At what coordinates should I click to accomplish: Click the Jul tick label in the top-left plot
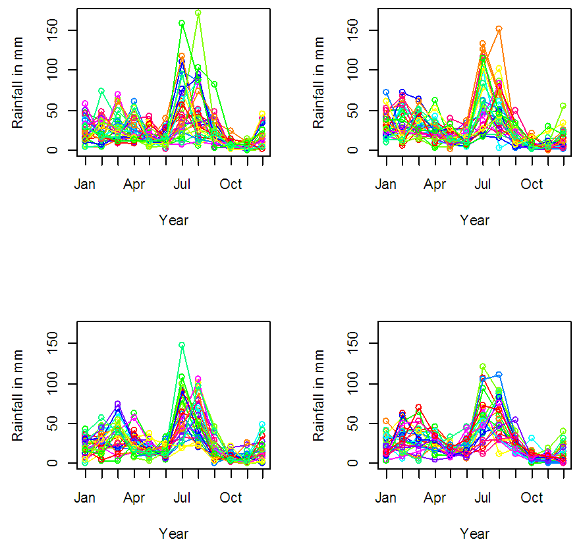point(182,184)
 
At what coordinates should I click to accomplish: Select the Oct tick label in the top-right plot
point(532,184)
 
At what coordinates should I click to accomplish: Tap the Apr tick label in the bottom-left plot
point(134,497)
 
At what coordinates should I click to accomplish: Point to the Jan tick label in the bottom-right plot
point(386,497)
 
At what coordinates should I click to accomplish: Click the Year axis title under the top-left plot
point(173,220)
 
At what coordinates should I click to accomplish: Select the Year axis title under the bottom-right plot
point(474,533)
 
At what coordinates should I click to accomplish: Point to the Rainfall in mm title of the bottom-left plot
point(18,396)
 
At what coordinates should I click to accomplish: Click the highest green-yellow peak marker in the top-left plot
point(198,13)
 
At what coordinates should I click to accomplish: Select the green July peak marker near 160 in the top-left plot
point(182,23)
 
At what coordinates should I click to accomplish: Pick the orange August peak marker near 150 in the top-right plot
point(499,29)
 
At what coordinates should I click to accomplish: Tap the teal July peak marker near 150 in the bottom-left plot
point(182,344)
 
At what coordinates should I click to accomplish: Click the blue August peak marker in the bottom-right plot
point(499,375)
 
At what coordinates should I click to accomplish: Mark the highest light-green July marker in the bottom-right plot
point(483,367)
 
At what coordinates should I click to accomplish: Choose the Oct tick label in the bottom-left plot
point(231,497)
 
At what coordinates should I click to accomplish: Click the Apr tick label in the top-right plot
point(435,184)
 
